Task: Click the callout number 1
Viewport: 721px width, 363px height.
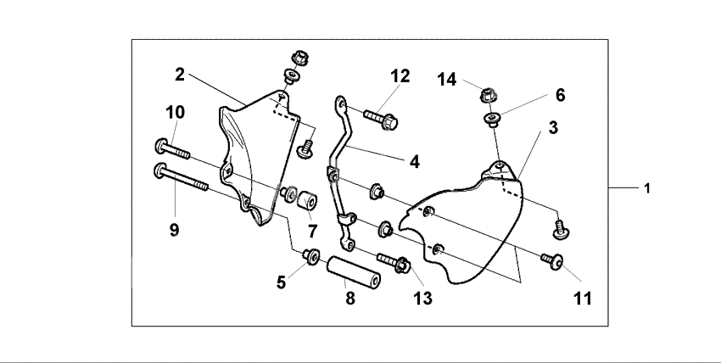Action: [x=647, y=188]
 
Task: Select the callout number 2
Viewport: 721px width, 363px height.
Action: [x=180, y=74]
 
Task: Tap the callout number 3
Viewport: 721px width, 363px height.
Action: [x=552, y=128]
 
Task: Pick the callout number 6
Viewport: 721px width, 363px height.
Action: [x=560, y=95]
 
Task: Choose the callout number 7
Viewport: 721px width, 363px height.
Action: [x=312, y=231]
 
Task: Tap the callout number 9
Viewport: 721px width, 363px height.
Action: [x=174, y=229]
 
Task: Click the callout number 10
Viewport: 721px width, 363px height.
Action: [x=175, y=111]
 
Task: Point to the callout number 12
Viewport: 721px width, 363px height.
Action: [x=400, y=75]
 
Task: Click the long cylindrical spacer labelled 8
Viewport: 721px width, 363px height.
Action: [x=351, y=272]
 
